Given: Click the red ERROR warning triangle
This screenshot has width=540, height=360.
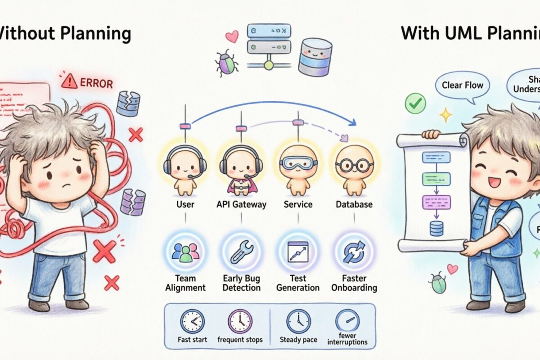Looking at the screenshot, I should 69,81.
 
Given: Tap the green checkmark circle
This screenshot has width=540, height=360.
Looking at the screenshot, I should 415,103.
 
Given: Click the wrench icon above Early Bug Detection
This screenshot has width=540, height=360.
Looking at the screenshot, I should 242,252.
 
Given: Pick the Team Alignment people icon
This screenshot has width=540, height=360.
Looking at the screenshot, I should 185,252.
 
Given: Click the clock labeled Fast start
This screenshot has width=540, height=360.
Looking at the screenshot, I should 193,321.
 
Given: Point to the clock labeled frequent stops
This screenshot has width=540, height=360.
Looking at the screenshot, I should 240,321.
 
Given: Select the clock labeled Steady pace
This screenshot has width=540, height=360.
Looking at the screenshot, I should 298,321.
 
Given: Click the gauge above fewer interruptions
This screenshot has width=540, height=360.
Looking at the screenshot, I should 347,321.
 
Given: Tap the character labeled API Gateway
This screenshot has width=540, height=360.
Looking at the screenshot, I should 241,167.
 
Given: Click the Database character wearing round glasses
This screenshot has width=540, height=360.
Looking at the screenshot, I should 354,167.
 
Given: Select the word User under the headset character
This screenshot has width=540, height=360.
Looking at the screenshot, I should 185,204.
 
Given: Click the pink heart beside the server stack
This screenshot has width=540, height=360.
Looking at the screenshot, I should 232,36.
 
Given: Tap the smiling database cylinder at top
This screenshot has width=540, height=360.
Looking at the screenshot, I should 315,56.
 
